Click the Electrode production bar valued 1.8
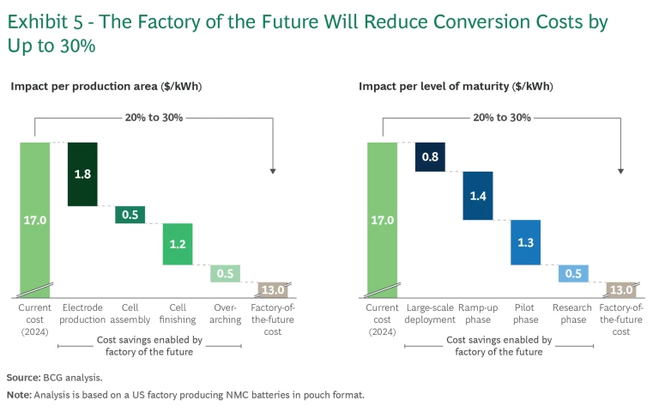click(x=82, y=174)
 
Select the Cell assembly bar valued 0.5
click(x=130, y=215)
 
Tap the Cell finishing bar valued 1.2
click(x=178, y=244)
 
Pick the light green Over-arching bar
click(x=225, y=274)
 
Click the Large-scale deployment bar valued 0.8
click(x=430, y=157)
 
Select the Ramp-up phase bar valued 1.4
click(x=478, y=196)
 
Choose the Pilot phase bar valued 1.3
click(x=525, y=242)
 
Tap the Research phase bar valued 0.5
click(x=573, y=274)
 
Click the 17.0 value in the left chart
click(x=35, y=221)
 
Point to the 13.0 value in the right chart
click(x=620, y=288)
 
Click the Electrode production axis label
click(x=83, y=313)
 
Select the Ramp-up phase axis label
click(x=479, y=313)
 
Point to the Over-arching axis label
click(x=225, y=313)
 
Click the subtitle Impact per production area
click(x=106, y=86)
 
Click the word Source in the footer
click(x=23, y=377)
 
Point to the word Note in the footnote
click(x=19, y=394)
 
